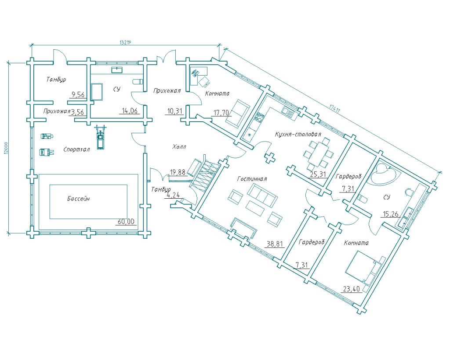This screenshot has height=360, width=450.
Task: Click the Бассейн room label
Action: (79, 199)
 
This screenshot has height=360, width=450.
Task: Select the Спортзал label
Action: (76, 149)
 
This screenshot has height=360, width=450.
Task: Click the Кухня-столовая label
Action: (298, 134)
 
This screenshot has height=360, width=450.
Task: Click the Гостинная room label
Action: (252, 179)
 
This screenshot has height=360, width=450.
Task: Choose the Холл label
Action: (179, 146)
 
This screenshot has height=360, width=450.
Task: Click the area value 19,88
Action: (178, 173)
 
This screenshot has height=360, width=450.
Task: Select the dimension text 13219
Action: (126, 43)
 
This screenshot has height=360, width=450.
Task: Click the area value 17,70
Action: (221, 113)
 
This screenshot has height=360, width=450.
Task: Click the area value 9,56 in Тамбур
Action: (78, 94)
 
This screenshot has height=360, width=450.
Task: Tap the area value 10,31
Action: (175, 111)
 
